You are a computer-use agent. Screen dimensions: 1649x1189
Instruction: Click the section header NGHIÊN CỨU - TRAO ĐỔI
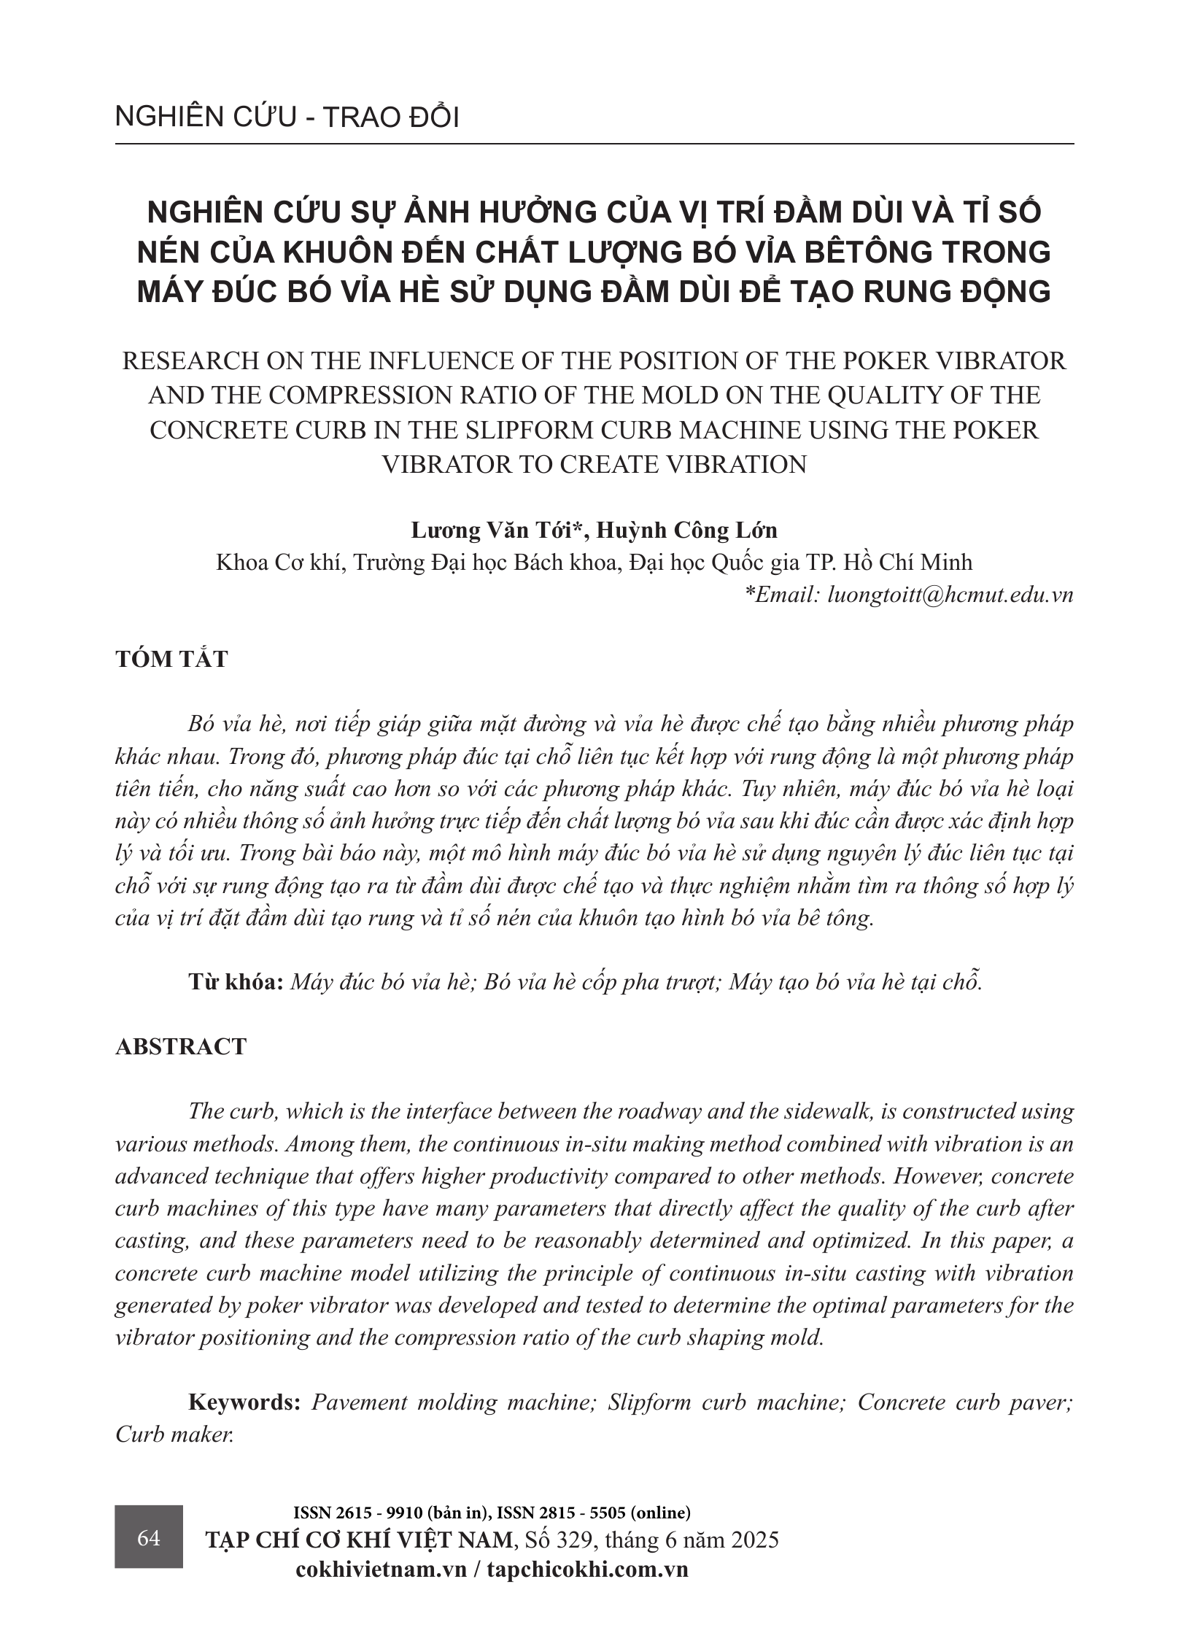287,117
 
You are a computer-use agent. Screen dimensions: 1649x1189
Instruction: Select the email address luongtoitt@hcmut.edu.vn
950,595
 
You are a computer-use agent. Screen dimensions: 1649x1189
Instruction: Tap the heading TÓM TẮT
171,659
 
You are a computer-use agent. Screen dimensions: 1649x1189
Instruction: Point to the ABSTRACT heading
181,1046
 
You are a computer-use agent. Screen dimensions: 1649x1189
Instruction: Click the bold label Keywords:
244,1402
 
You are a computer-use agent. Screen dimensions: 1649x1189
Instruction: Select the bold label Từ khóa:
236,981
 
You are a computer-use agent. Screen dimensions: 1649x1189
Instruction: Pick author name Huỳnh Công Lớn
687,530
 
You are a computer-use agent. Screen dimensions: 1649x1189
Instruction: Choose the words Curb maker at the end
174,1434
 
